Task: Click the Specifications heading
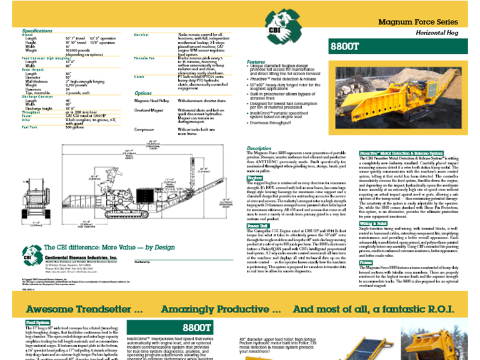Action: click(x=37, y=31)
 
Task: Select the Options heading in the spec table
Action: click(x=143, y=93)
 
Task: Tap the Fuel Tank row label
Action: click(x=31, y=127)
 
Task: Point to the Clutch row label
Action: click(x=140, y=76)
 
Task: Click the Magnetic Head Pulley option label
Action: click(x=153, y=100)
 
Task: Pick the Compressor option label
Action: click(x=145, y=129)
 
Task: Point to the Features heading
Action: click(x=256, y=62)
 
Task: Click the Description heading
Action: click(x=259, y=149)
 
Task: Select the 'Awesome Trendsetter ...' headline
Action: click(x=84, y=309)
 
